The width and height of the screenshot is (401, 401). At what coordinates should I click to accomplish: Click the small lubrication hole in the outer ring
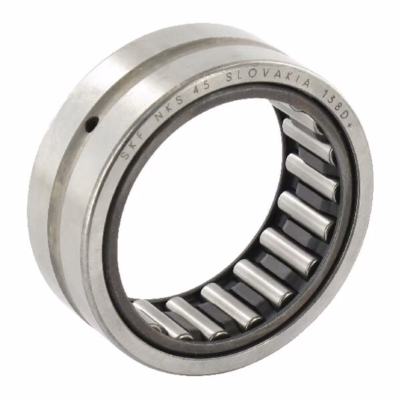[92, 124]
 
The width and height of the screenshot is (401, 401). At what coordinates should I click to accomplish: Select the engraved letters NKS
[169, 106]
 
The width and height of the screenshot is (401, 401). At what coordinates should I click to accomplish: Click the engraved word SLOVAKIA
[269, 78]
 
